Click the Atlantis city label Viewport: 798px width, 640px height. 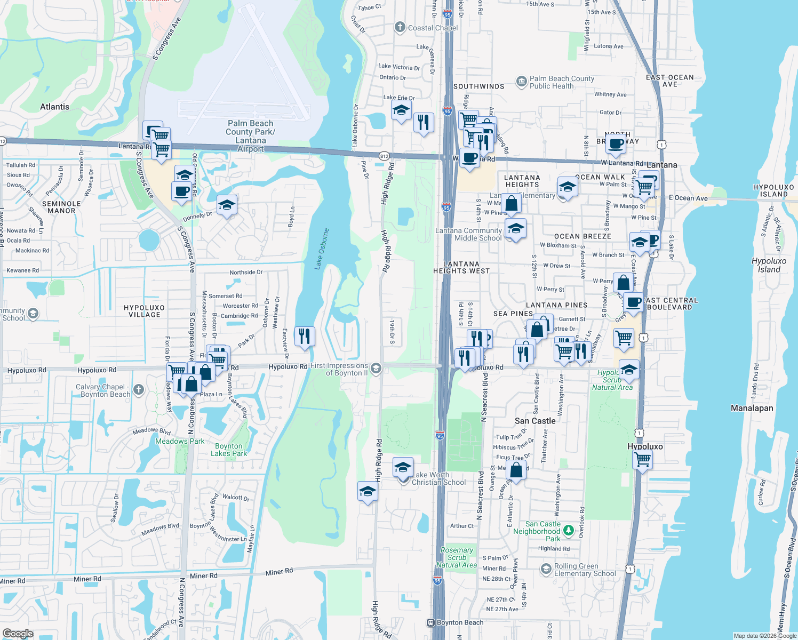[x=54, y=107]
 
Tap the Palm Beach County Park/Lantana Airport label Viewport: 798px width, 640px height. [x=250, y=136]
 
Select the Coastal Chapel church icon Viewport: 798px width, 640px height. [x=400, y=28]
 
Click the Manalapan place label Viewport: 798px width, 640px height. [x=752, y=408]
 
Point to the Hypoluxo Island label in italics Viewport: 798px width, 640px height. [x=769, y=265]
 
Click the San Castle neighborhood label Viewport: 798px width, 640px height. [x=535, y=421]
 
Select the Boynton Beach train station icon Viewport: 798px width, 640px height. [x=431, y=622]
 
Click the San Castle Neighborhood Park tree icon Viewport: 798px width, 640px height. [x=569, y=530]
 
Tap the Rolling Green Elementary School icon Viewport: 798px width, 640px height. [x=546, y=569]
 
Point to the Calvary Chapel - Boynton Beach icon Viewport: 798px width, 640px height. [x=139, y=390]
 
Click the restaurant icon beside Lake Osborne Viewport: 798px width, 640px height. [x=304, y=337]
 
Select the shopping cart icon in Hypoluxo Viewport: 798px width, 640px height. [x=642, y=459]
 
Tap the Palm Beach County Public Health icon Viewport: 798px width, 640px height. [x=521, y=82]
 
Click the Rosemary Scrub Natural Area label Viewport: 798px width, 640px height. [x=456, y=557]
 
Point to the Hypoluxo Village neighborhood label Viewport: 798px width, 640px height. [x=144, y=311]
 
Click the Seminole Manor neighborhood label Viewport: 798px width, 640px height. [x=61, y=207]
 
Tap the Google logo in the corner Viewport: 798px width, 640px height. [x=18, y=633]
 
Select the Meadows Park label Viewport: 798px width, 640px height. [x=180, y=441]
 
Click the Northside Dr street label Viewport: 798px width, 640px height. [x=246, y=272]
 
